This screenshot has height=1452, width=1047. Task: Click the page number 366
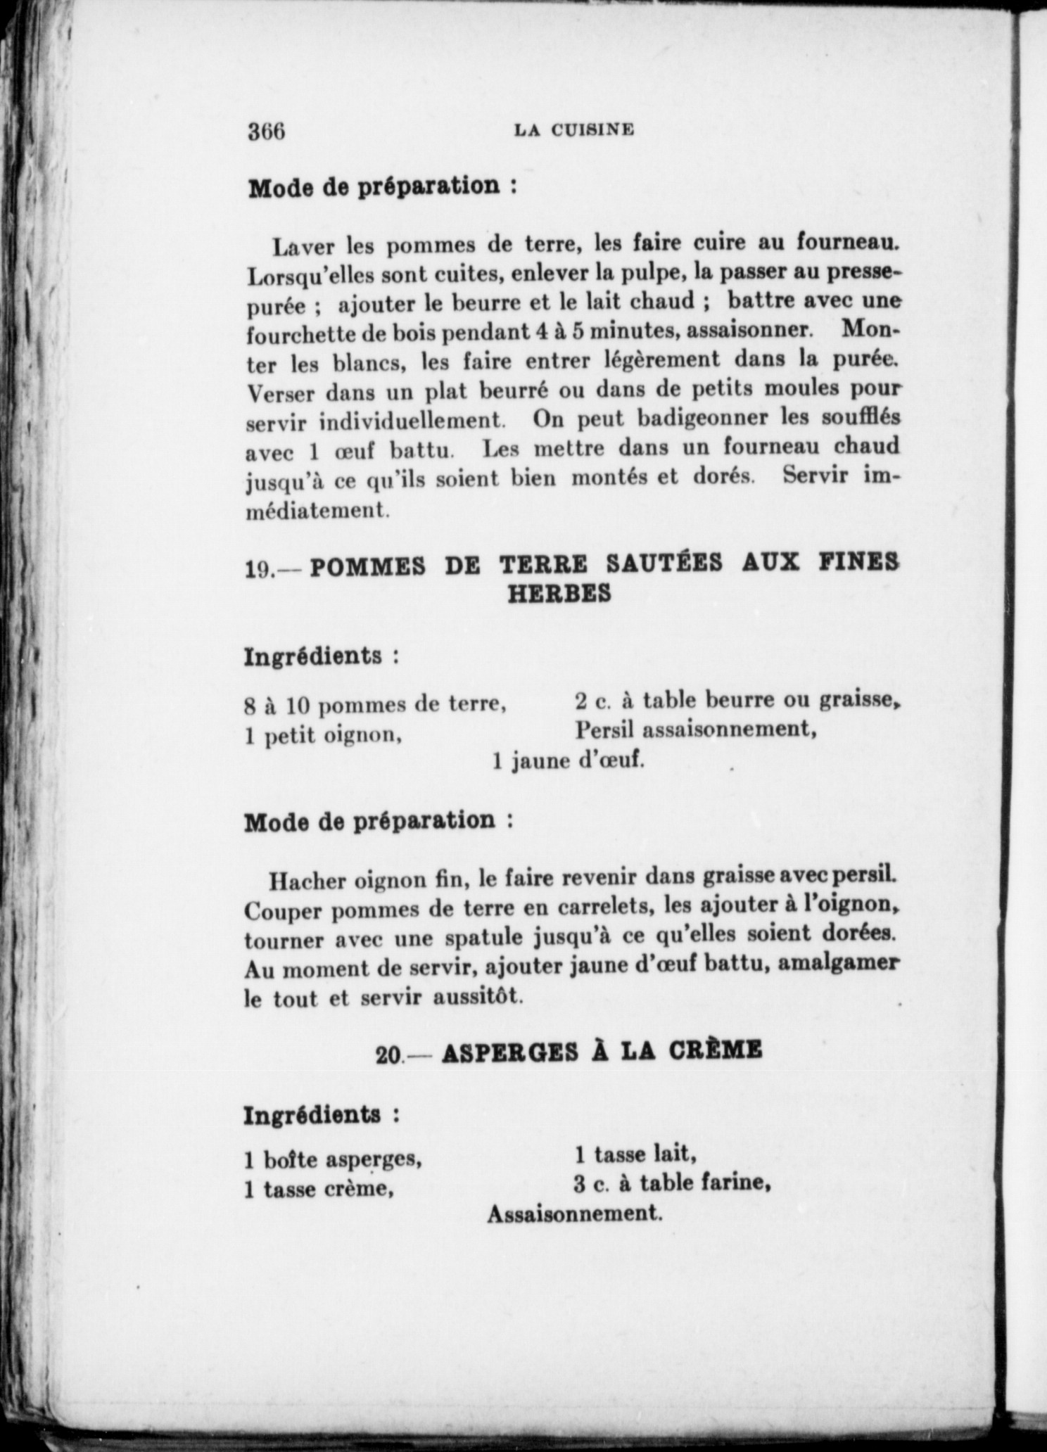[266, 131]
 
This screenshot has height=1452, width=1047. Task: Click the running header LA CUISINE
[574, 129]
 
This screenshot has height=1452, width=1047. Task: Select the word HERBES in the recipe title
[559, 594]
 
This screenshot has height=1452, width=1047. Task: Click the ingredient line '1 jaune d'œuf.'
[569, 761]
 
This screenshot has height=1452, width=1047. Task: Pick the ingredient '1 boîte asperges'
[333, 1158]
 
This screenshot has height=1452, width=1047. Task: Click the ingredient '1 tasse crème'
[318, 1190]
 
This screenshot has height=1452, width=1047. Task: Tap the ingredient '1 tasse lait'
[635, 1154]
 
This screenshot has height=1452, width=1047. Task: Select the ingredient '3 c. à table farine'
[669, 1184]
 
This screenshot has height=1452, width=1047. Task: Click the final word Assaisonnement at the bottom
[574, 1214]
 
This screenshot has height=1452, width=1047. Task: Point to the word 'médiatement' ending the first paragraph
[317, 509]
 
